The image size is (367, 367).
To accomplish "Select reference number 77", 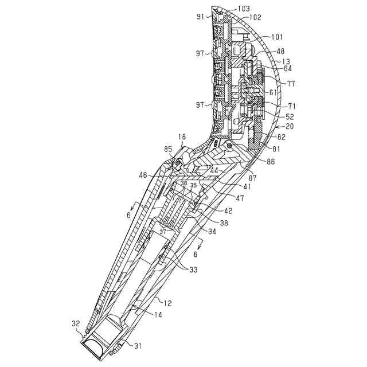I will point(290,84).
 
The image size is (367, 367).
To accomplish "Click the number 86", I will point(270,162).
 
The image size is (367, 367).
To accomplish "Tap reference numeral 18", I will point(182,137).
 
